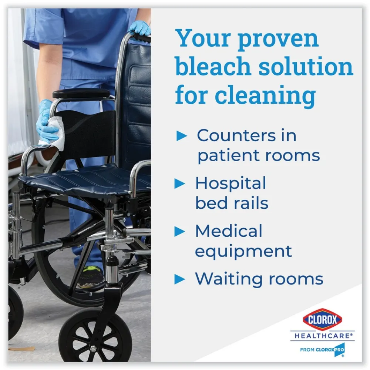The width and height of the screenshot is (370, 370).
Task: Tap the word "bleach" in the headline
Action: (213, 66)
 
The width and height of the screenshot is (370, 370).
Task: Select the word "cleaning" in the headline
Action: (265, 95)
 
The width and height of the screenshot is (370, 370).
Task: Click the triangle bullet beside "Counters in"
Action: (182, 136)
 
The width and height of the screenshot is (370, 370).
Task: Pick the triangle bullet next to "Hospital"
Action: (180, 184)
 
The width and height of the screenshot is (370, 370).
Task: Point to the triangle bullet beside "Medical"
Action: (180, 232)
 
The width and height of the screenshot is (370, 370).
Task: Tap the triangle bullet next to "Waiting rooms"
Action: (180, 279)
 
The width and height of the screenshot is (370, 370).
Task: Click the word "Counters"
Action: (236, 135)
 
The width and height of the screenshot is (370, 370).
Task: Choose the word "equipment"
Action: (243, 252)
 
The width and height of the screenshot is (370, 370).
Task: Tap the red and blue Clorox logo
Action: (322, 320)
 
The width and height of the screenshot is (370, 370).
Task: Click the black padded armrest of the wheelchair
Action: (81, 94)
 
